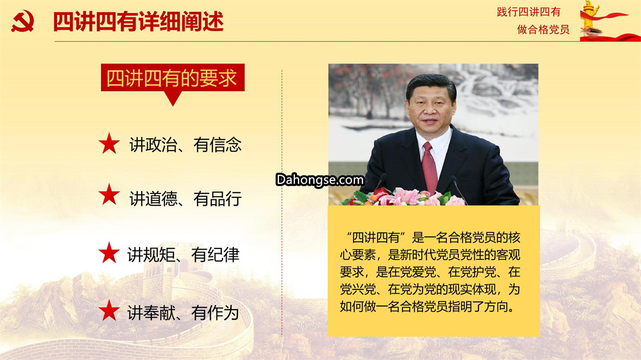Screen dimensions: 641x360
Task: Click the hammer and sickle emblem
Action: point(23,21)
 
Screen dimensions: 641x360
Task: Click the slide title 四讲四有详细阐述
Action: point(138,22)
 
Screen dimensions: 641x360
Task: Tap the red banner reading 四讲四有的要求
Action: point(173,78)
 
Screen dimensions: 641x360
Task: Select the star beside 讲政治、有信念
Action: point(109,144)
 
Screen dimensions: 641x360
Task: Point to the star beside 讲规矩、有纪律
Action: point(109,252)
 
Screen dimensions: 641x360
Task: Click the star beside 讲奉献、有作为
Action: point(109,310)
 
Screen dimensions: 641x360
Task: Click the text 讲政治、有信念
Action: point(186,145)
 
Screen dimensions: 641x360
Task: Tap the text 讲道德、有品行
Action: point(186,199)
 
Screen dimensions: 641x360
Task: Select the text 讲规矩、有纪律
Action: point(183,254)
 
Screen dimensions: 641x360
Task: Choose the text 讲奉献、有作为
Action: point(183,313)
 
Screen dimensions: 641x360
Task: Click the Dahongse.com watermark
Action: point(320,180)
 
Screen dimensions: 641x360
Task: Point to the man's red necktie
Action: point(429,167)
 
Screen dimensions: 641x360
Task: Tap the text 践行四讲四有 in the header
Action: point(529,12)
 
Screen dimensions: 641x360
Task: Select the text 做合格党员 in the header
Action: point(543,30)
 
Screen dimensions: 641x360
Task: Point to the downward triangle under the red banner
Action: point(173,98)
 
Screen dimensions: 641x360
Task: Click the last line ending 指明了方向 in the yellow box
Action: point(427,306)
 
